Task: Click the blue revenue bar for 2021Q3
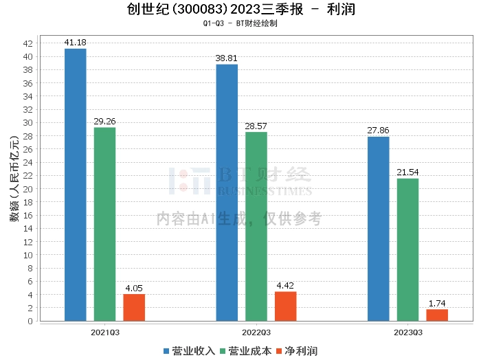76,184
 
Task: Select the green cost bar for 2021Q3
105,224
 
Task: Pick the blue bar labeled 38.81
227,192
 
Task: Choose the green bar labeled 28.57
256,226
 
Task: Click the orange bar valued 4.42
285,306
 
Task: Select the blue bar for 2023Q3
379,229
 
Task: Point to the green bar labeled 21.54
407,249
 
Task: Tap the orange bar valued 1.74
437,315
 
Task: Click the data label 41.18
76,43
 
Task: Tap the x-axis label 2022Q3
256,332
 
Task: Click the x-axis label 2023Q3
407,332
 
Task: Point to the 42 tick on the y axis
27,43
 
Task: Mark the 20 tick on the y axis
27,189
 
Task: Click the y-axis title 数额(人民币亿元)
13,182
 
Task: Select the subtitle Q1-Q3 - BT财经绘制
240,23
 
